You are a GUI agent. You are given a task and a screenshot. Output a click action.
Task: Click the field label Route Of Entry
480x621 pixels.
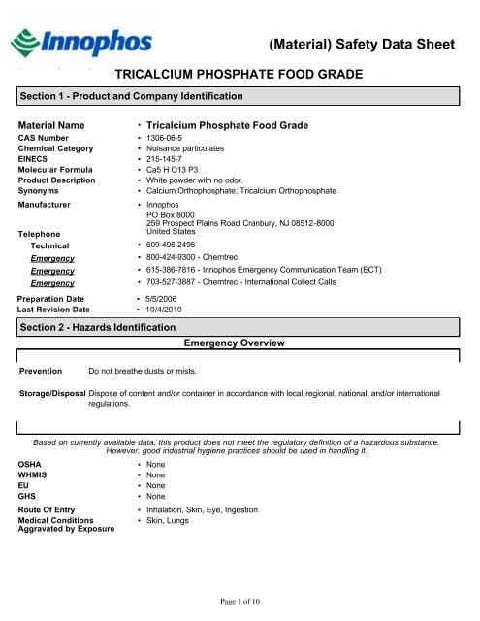[53, 508]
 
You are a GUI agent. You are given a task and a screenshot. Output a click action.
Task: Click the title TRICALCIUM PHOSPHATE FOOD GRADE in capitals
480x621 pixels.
[239, 74]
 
